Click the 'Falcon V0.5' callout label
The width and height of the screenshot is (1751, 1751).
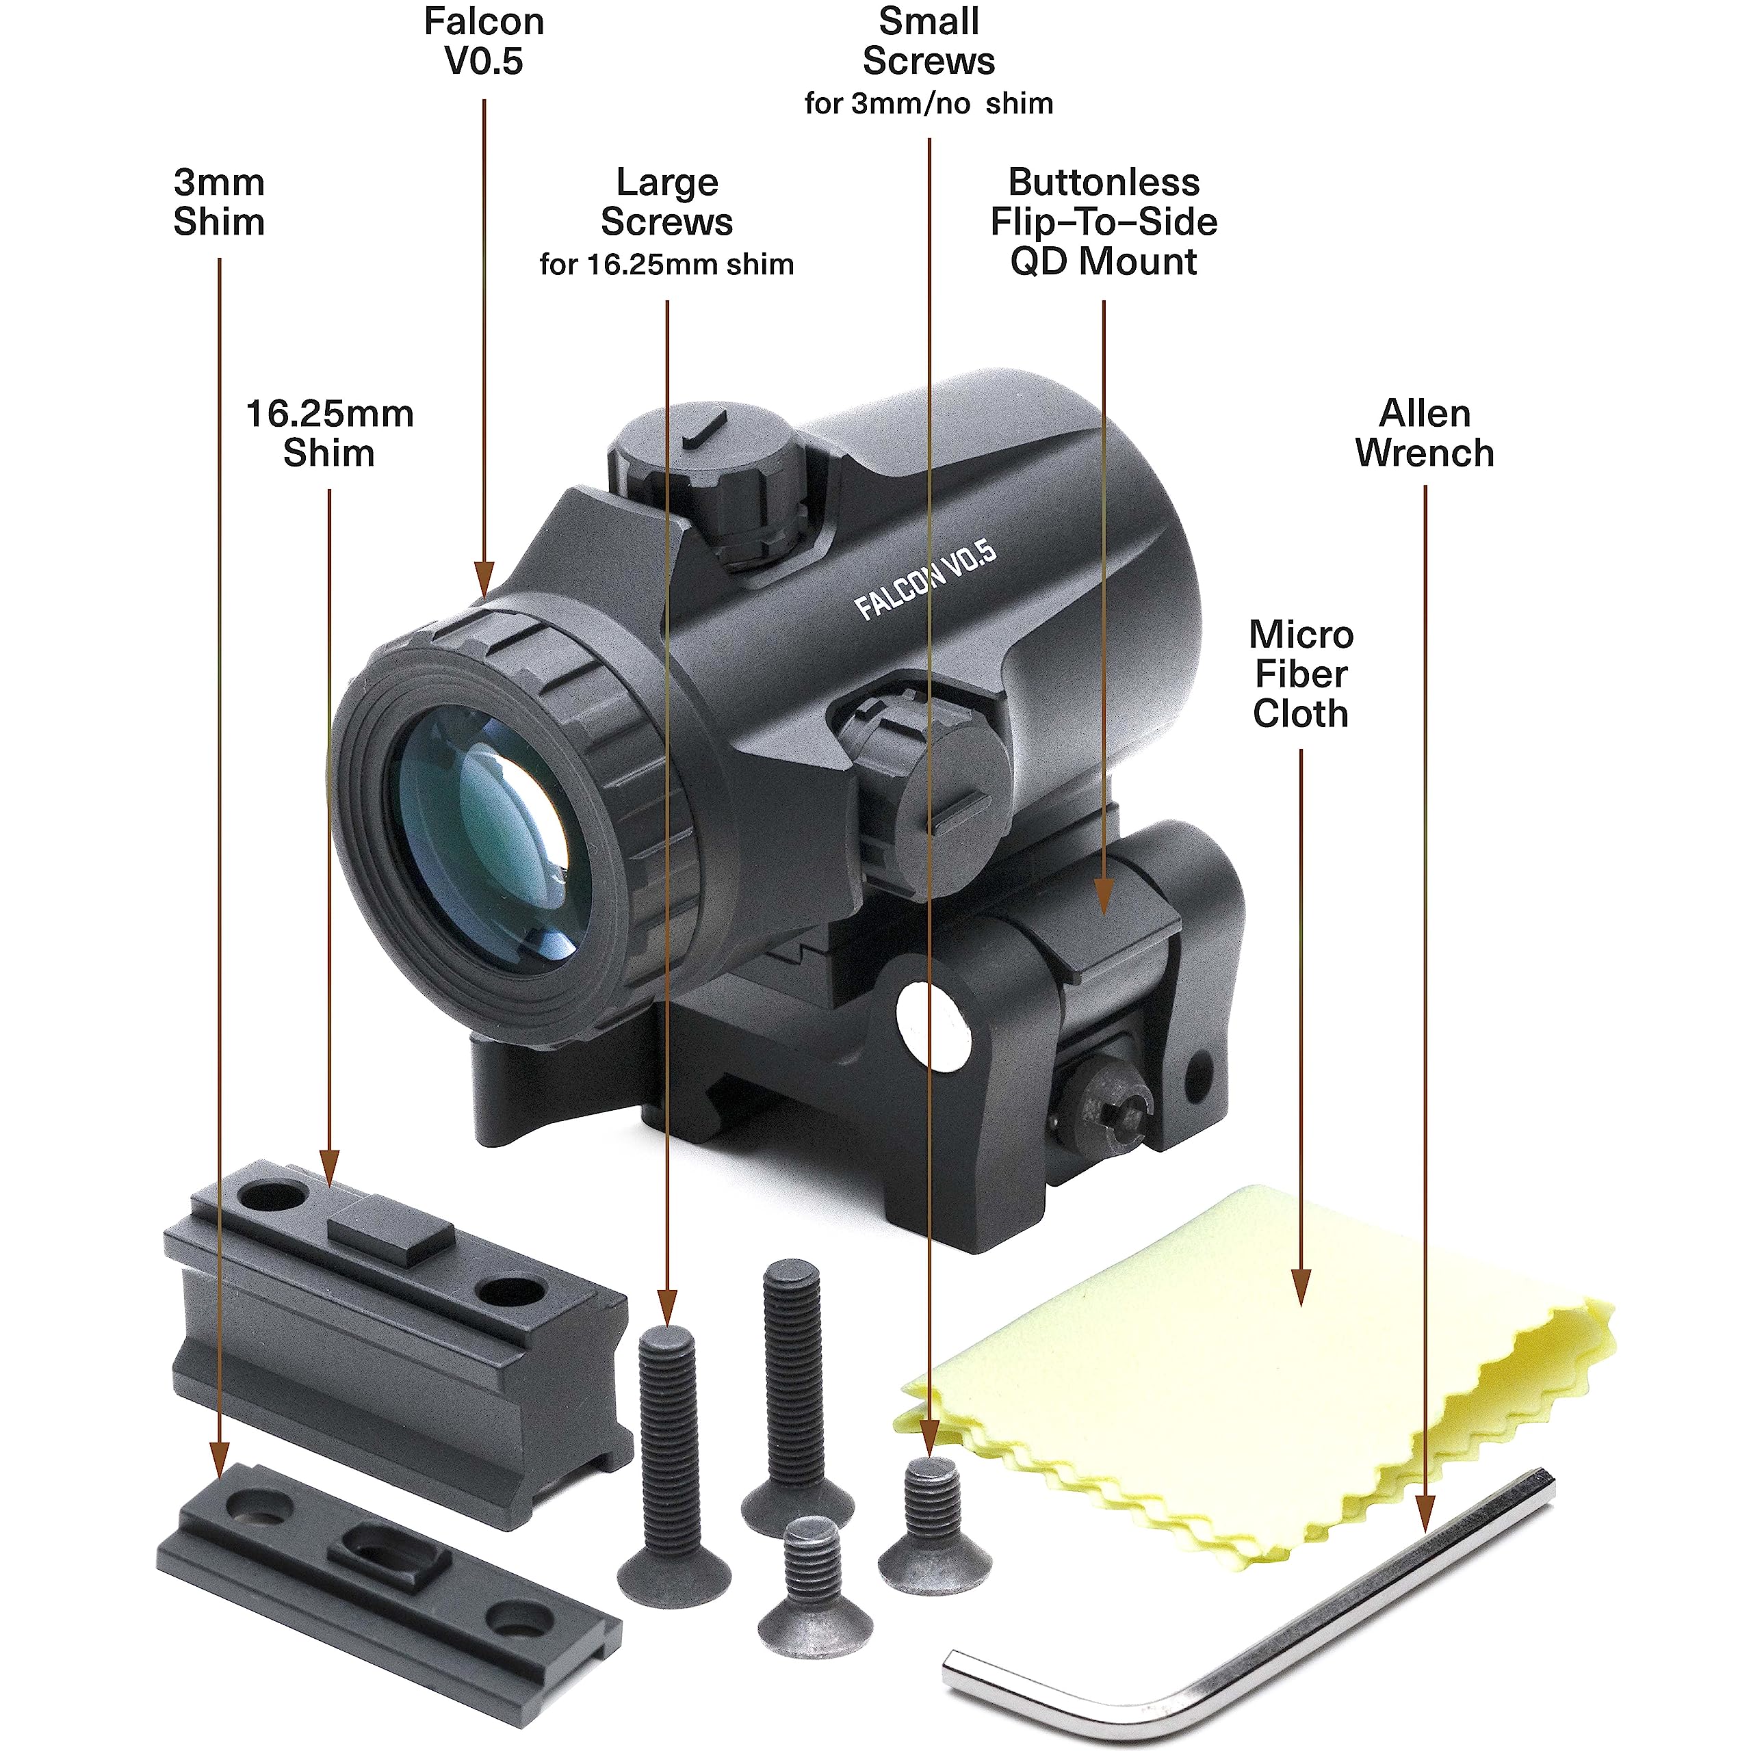tap(484, 42)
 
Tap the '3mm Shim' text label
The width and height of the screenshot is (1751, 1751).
tap(220, 202)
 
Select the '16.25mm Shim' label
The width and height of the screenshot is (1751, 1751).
tap(329, 433)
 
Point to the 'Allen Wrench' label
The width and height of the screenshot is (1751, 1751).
tap(1425, 433)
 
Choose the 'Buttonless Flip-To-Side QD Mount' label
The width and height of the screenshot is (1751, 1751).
tap(1104, 222)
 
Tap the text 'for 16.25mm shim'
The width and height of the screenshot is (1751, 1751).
tap(666, 265)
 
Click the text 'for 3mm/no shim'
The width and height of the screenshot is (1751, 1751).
tap(929, 103)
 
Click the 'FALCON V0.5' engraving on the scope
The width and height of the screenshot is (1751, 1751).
tap(925, 580)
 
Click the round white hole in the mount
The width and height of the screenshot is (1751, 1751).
tap(934, 1024)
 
